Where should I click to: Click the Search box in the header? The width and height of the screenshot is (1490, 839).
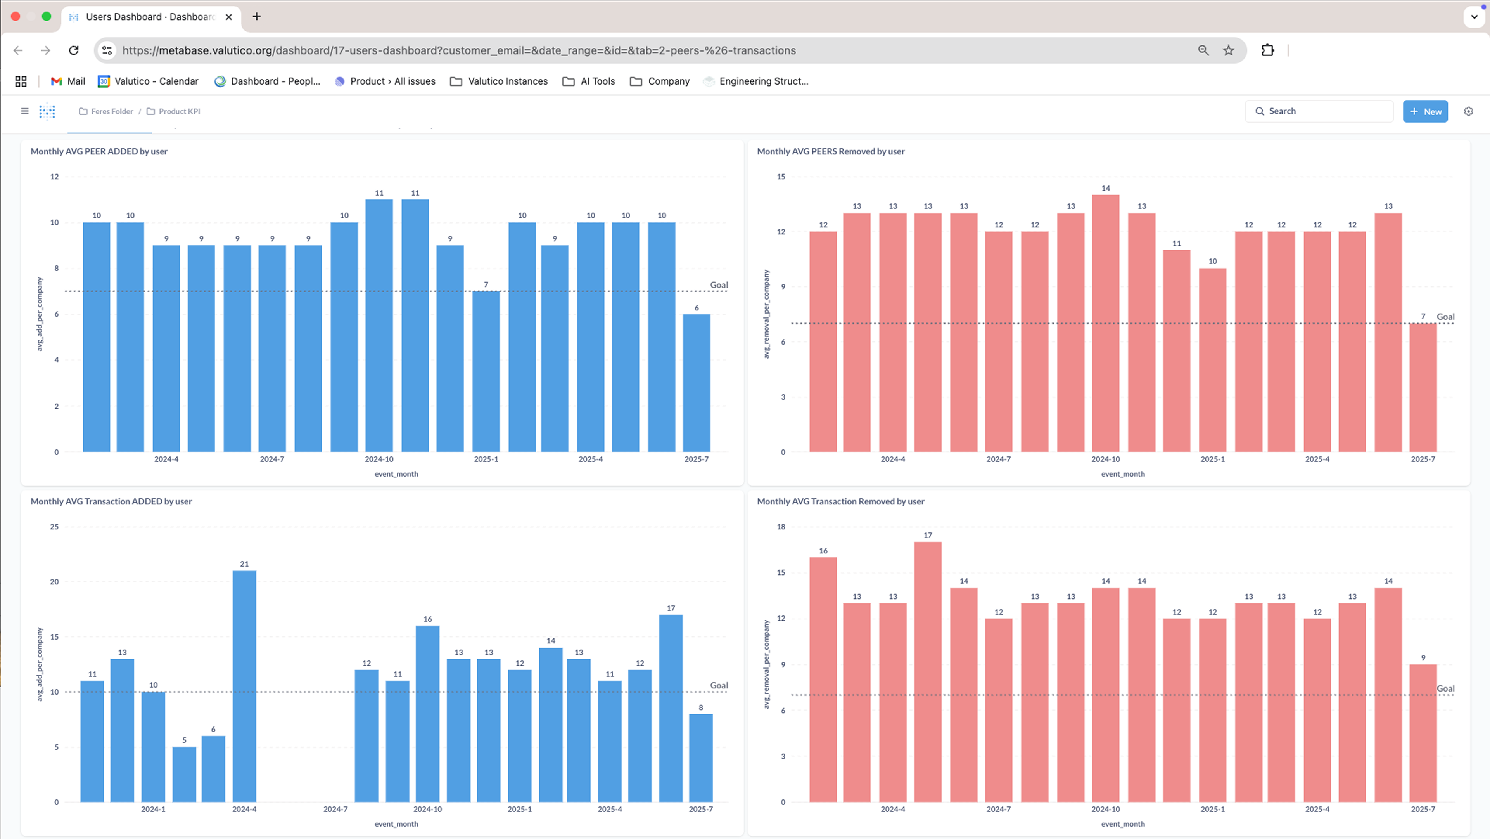tap(1319, 111)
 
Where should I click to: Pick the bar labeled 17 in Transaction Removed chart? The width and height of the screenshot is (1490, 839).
tap(927, 671)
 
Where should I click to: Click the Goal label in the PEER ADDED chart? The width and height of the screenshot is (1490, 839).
tap(718, 285)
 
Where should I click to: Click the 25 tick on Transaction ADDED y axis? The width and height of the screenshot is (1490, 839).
tap(54, 527)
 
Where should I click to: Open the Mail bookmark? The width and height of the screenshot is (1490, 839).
tap(68, 81)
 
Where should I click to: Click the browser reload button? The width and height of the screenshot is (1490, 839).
tap(73, 50)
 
